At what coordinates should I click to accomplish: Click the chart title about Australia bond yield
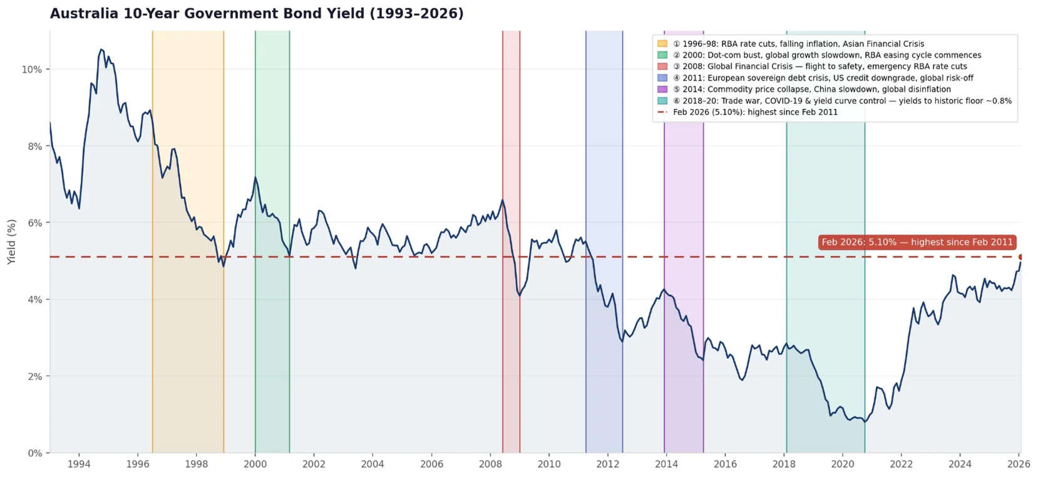pos(257,14)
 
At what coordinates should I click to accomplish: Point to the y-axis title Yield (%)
pos(11,242)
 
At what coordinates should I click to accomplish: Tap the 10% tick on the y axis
pos(32,69)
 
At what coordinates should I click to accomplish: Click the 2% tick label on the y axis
pos(34,376)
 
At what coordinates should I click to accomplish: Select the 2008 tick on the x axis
pos(490,464)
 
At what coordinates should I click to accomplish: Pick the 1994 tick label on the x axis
pos(79,464)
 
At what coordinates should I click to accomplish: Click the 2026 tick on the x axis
pos(1019,464)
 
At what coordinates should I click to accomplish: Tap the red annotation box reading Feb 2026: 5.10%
pos(917,242)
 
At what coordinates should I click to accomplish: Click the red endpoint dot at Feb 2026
pos(1021,257)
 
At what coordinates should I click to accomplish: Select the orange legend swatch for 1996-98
pos(662,44)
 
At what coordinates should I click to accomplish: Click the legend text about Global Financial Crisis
pos(820,66)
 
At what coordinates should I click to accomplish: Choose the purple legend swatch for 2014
pos(662,90)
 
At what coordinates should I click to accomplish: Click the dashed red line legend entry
pos(754,112)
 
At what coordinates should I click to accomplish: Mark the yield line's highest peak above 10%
pos(101,49)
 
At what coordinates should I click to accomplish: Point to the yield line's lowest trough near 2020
pos(865,421)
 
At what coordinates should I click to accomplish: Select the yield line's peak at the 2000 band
pos(255,177)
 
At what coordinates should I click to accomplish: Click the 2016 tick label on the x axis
pos(725,464)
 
